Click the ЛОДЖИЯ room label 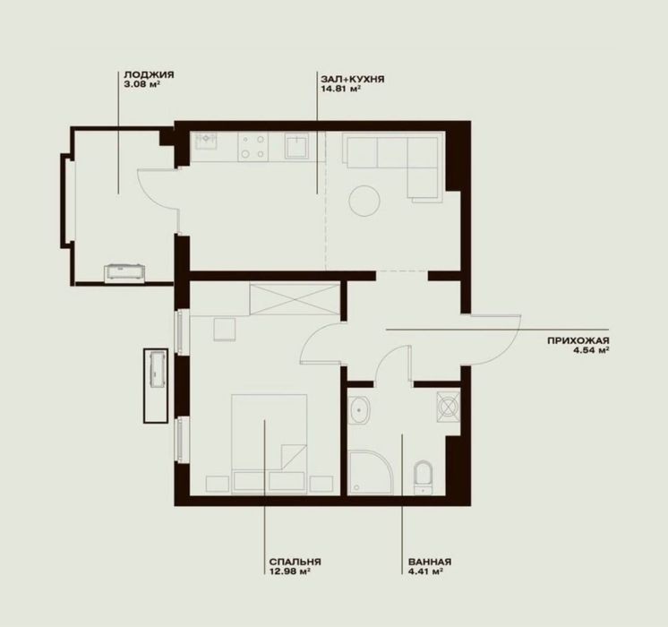coord(149,75)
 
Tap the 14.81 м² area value coord(341,89)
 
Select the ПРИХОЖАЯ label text coord(578,340)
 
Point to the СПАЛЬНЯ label coord(295,562)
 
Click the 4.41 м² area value coord(425,571)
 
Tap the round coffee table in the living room coord(364,201)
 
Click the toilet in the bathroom coord(423,477)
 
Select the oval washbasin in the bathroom coord(359,410)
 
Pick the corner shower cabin coord(370,473)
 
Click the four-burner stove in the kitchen coord(253,147)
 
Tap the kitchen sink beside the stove coord(206,141)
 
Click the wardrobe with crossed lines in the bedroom coord(295,299)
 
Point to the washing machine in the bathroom coord(449,407)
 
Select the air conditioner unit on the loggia coord(124,273)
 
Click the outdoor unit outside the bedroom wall coord(156,386)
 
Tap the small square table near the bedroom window coord(225,330)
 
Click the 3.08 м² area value coord(141,84)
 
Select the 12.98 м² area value coord(289,571)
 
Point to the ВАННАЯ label coord(430,562)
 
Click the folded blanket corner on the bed coord(294,457)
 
